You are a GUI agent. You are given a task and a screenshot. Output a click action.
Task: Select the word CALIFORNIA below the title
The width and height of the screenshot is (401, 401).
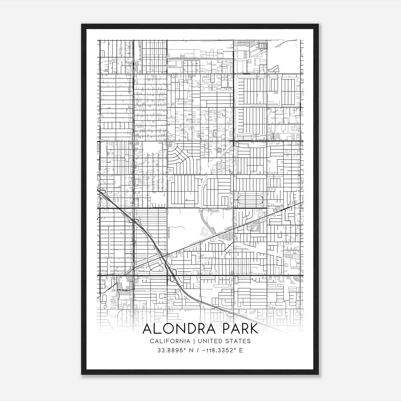[x=170, y=341]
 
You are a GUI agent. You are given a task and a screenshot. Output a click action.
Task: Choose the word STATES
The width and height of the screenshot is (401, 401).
[x=239, y=341]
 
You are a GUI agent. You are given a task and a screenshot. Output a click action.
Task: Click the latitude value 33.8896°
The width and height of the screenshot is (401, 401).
[x=170, y=350]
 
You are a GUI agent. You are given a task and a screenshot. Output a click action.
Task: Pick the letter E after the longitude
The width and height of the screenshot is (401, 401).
[x=241, y=350]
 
